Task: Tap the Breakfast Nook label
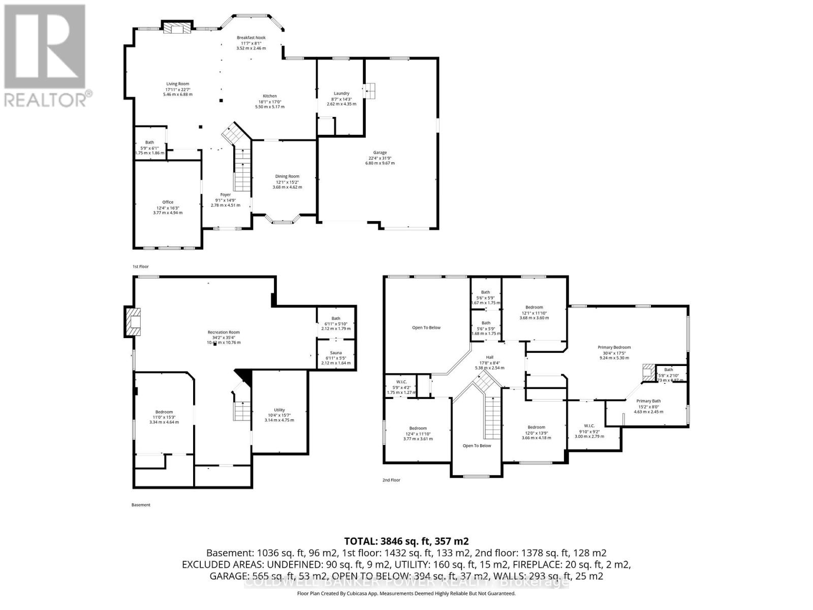coord(251,38)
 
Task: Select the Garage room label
coord(380,152)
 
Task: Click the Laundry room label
coord(341,94)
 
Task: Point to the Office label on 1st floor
coord(168,202)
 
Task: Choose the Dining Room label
coord(287,176)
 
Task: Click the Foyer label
coord(225,195)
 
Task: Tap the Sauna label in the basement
coord(336,353)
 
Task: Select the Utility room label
coord(279,410)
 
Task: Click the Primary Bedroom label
coord(614,348)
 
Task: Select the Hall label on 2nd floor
coord(490,357)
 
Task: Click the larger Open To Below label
coord(426,328)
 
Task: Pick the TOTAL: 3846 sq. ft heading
coord(406,541)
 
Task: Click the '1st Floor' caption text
coord(141,266)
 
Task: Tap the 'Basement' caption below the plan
coord(141,505)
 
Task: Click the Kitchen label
coord(269,96)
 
